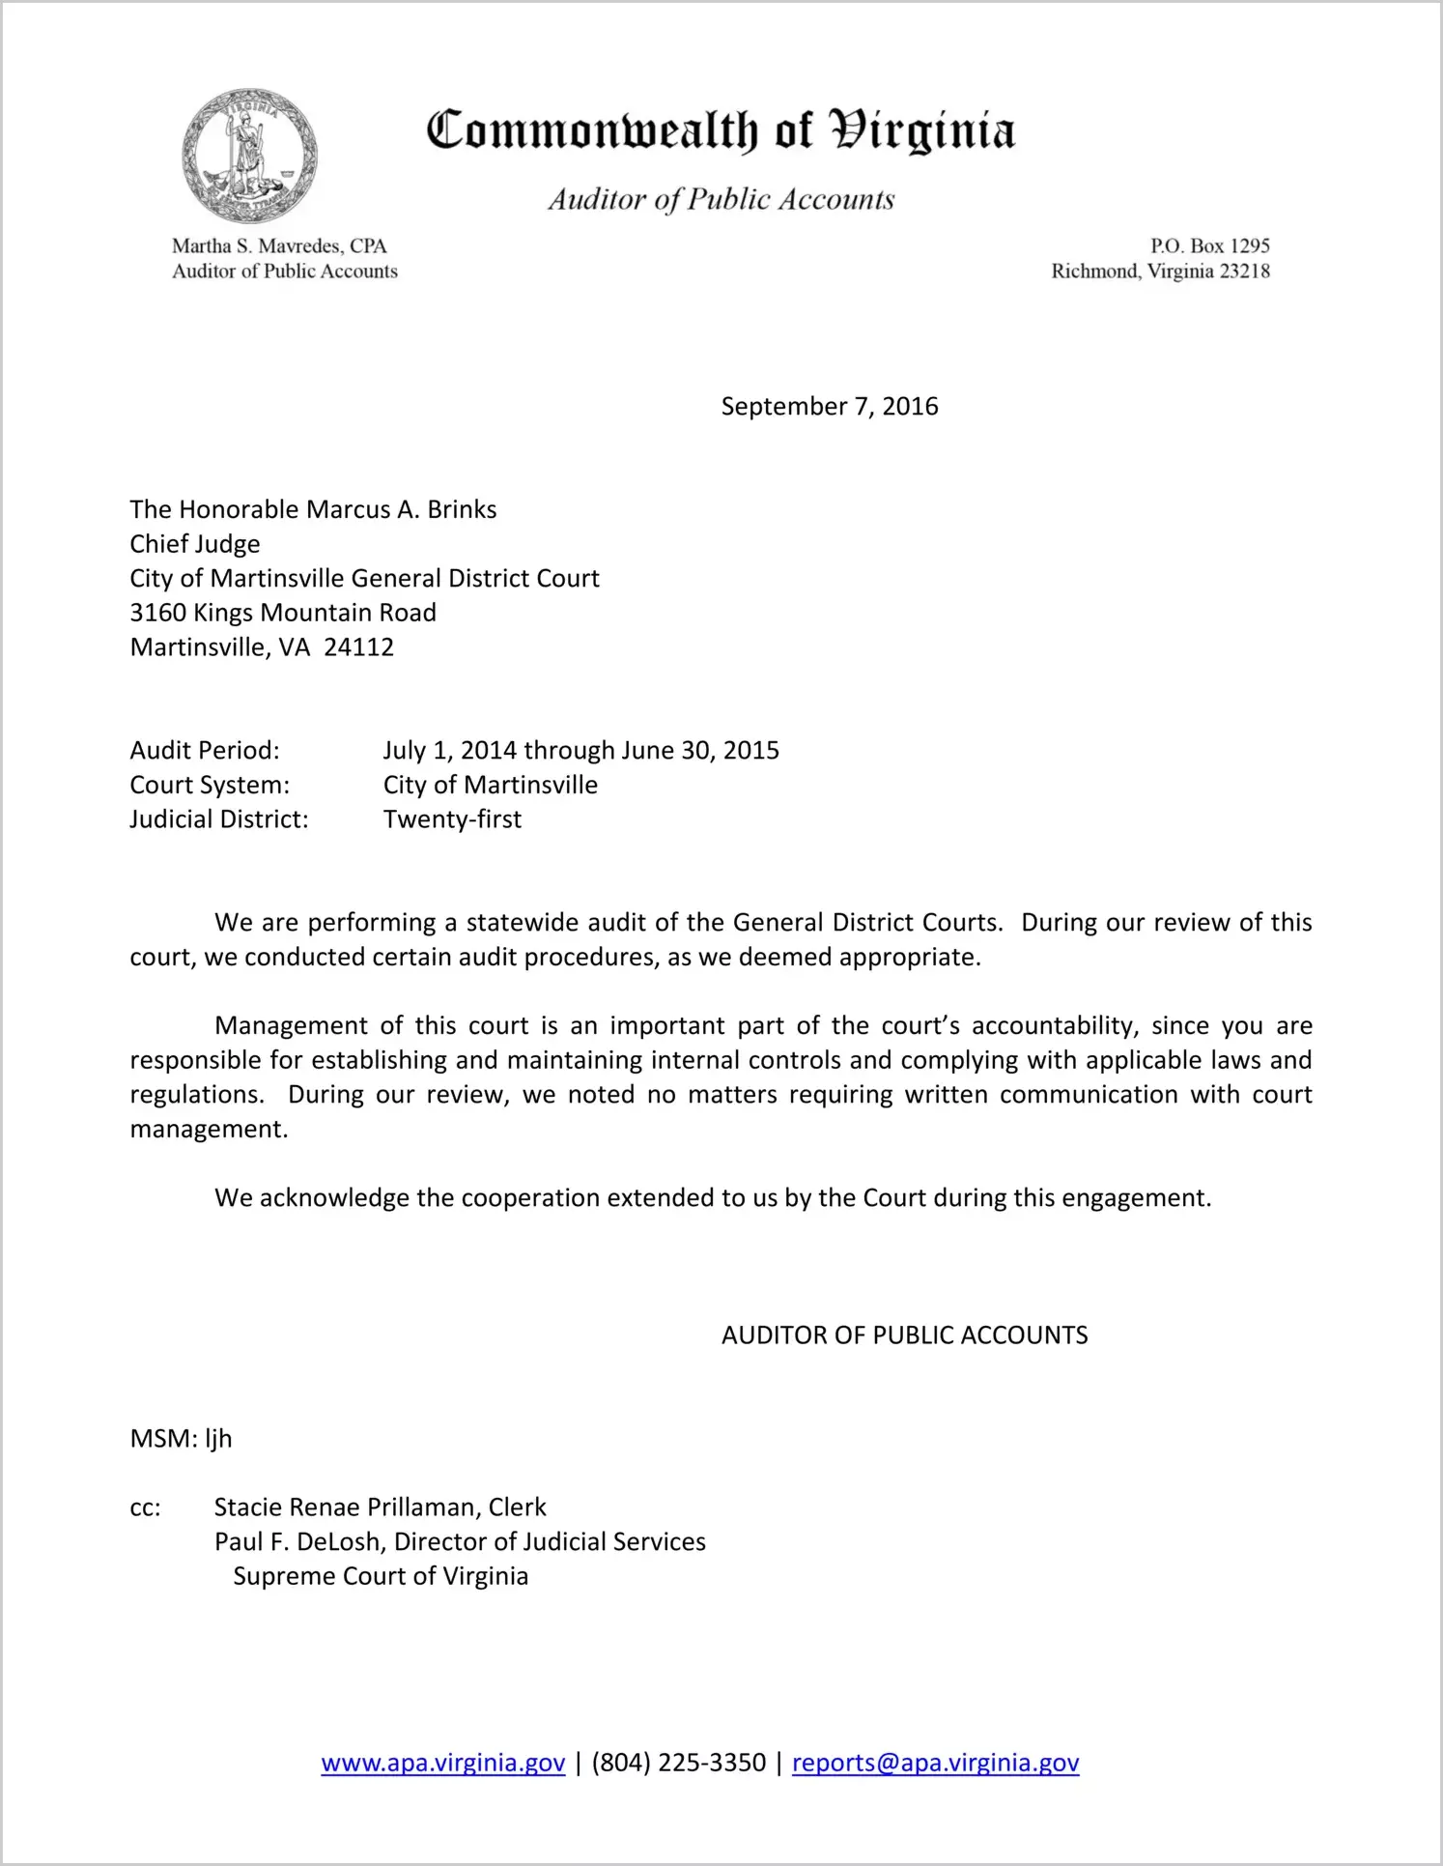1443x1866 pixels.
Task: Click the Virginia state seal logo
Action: pyautogui.click(x=250, y=156)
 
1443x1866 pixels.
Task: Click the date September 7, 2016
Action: pyautogui.click(x=829, y=406)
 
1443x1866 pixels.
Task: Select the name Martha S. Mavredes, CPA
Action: pyautogui.click(x=279, y=246)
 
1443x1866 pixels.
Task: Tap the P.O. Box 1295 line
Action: pyautogui.click(x=1209, y=246)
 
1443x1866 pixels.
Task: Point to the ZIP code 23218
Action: pyautogui.click(x=1244, y=272)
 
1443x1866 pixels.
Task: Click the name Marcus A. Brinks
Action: pyautogui.click(x=401, y=509)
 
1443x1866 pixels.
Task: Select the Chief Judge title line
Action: pyautogui.click(x=195, y=544)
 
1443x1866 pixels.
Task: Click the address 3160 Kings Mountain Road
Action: pyautogui.click(x=283, y=613)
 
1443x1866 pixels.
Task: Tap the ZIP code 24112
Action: pyautogui.click(x=358, y=647)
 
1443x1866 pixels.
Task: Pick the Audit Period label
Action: pyautogui.click(x=205, y=751)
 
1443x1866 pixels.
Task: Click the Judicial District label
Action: pyautogui.click(x=219, y=819)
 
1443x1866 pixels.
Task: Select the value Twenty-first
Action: pyautogui.click(x=452, y=819)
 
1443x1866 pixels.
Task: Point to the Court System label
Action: pyautogui.click(x=210, y=785)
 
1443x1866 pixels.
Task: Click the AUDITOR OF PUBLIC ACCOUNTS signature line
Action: pyautogui.click(x=904, y=1335)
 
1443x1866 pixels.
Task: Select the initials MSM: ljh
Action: pyautogui.click(x=181, y=1439)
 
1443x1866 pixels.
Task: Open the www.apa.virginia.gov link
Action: pyautogui.click(x=442, y=1763)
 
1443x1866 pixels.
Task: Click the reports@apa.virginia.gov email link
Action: pyautogui.click(x=935, y=1763)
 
